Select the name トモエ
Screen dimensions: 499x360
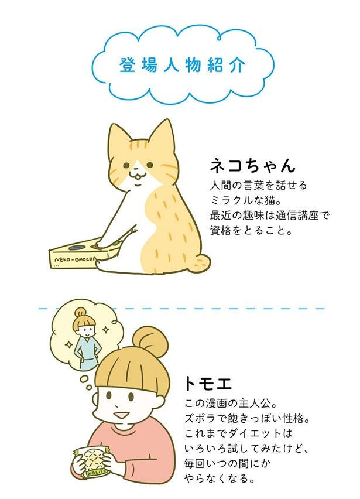coord(208,384)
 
